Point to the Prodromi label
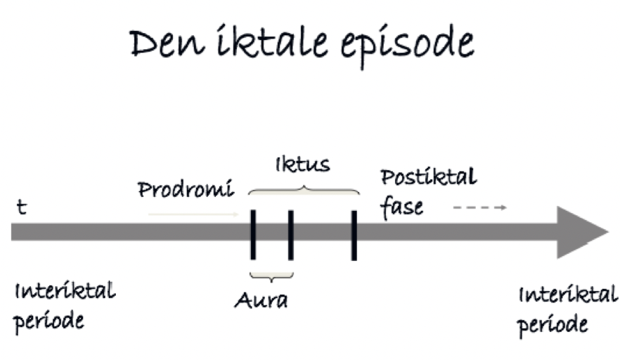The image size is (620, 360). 185,190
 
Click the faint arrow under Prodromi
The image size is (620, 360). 193,213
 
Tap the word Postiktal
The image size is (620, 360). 429,177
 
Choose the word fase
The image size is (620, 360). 403,207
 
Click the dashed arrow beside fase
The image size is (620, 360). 479,207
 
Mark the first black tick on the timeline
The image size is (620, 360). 253,234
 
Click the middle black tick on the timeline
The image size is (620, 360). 290,234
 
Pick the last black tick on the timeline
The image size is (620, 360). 354,234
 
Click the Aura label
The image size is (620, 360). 261,300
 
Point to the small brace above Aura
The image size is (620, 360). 271,276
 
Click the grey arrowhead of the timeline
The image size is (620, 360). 581,233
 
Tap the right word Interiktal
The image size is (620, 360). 568,295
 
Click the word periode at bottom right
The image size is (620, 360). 553,325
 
